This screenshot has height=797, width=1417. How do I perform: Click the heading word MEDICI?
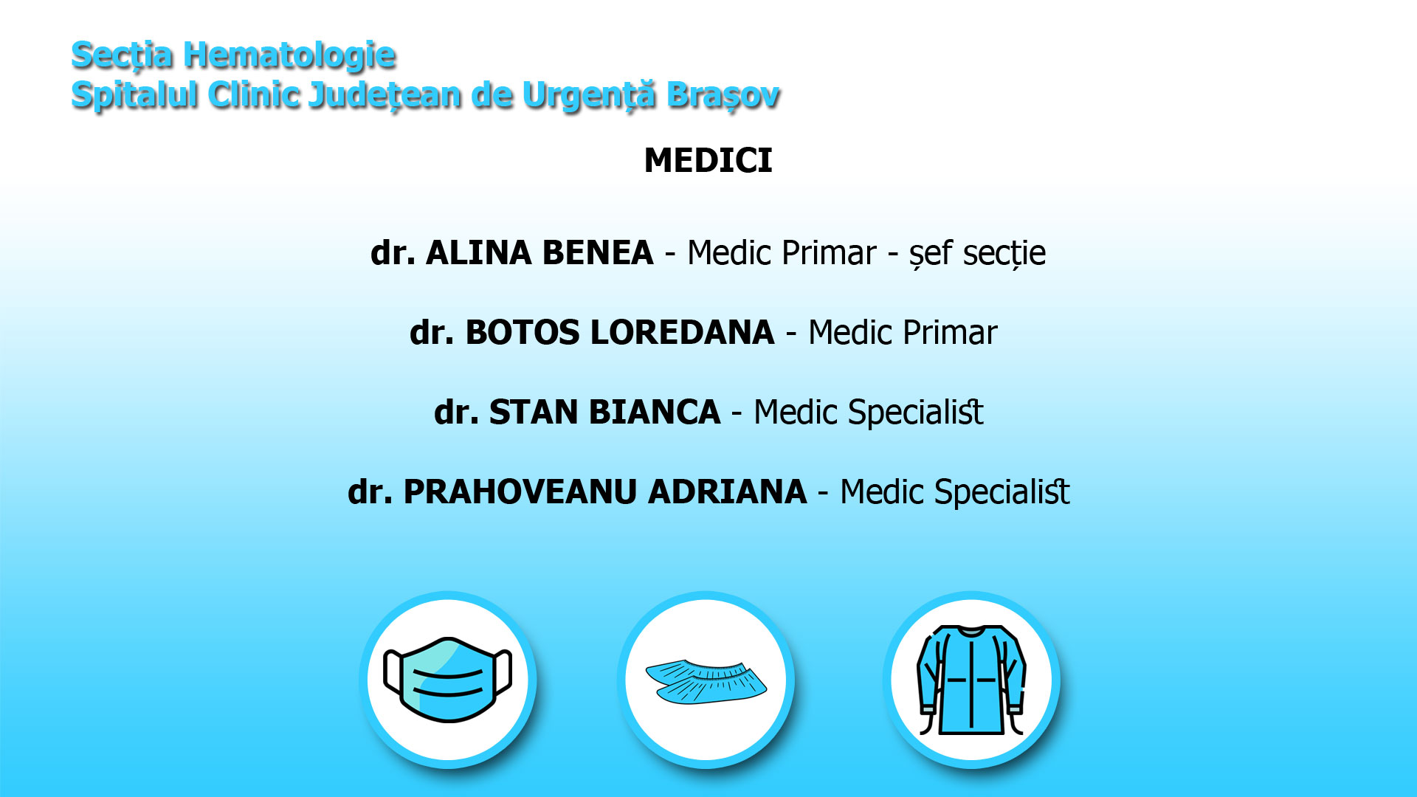(708, 161)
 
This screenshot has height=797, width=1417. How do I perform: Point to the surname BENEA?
(598, 253)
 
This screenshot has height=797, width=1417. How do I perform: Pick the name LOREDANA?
(683, 333)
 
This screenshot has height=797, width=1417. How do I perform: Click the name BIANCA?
(654, 413)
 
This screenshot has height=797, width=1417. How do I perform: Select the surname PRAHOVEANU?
(520, 492)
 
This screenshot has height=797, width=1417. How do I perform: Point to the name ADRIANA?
(728, 492)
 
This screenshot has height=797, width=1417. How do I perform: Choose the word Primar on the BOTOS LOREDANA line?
(950, 333)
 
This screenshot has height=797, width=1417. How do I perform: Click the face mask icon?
(448, 680)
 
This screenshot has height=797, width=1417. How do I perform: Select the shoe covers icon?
(706, 681)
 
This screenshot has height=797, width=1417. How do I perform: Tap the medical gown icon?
(971, 680)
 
